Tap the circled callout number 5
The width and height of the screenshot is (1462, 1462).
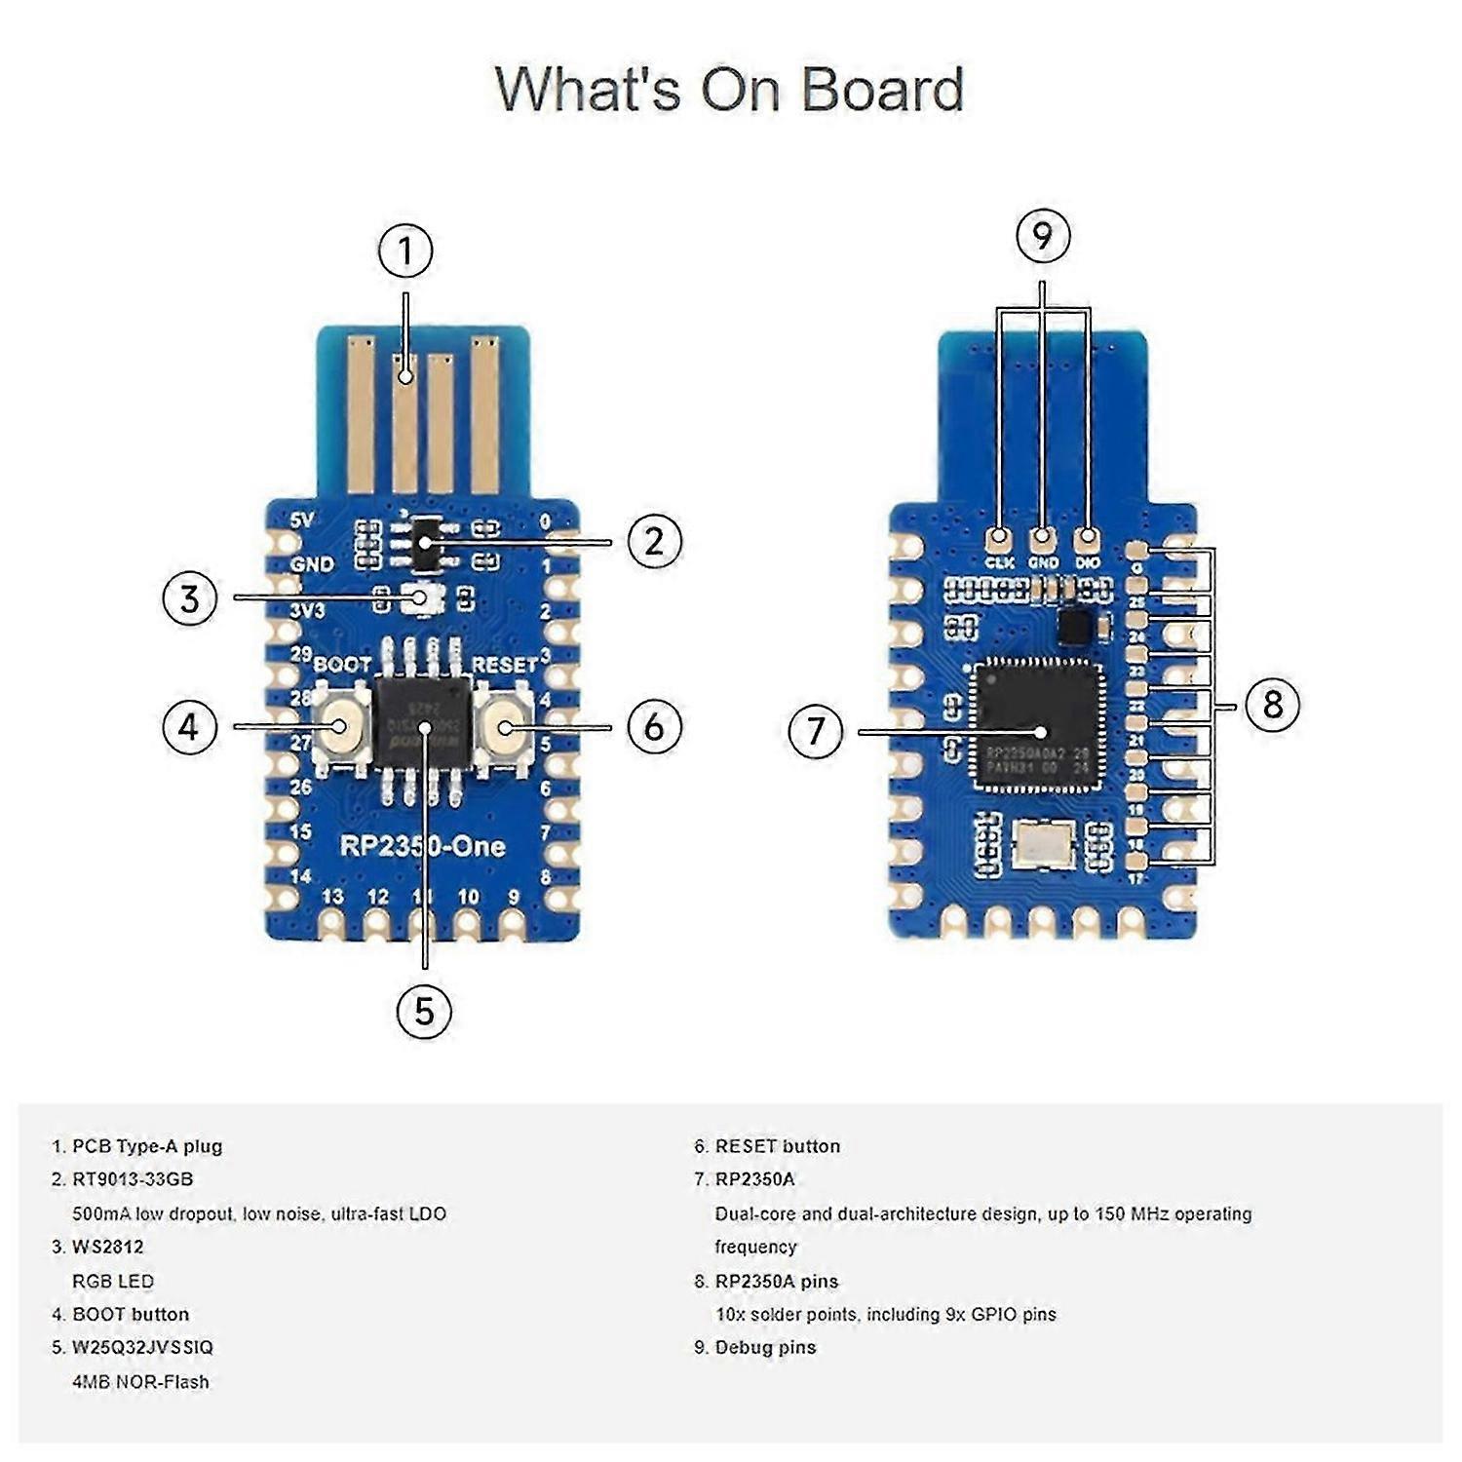[x=424, y=1011]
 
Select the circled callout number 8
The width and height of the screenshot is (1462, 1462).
[x=1272, y=704]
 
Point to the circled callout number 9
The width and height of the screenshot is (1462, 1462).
[x=1043, y=236]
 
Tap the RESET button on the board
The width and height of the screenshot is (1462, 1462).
[x=504, y=727]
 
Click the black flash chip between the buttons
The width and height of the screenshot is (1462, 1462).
[x=423, y=726]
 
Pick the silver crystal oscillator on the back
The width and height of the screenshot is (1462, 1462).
[x=1044, y=844]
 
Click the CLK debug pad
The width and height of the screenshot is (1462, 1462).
[x=999, y=537]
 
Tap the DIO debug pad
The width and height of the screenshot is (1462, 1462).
[x=1087, y=537]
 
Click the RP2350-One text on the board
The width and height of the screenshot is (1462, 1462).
[x=422, y=846]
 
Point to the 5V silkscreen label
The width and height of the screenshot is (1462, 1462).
[x=302, y=521]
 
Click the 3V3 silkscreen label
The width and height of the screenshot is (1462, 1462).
[x=307, y=610]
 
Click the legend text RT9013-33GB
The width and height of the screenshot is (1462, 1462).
[x=133, y=1179]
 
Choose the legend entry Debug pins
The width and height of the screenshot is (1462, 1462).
[x=765, y=1347]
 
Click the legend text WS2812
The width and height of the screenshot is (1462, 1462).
[x=108, y=1247]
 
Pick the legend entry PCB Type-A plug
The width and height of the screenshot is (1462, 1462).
[x=147, y=1146]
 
